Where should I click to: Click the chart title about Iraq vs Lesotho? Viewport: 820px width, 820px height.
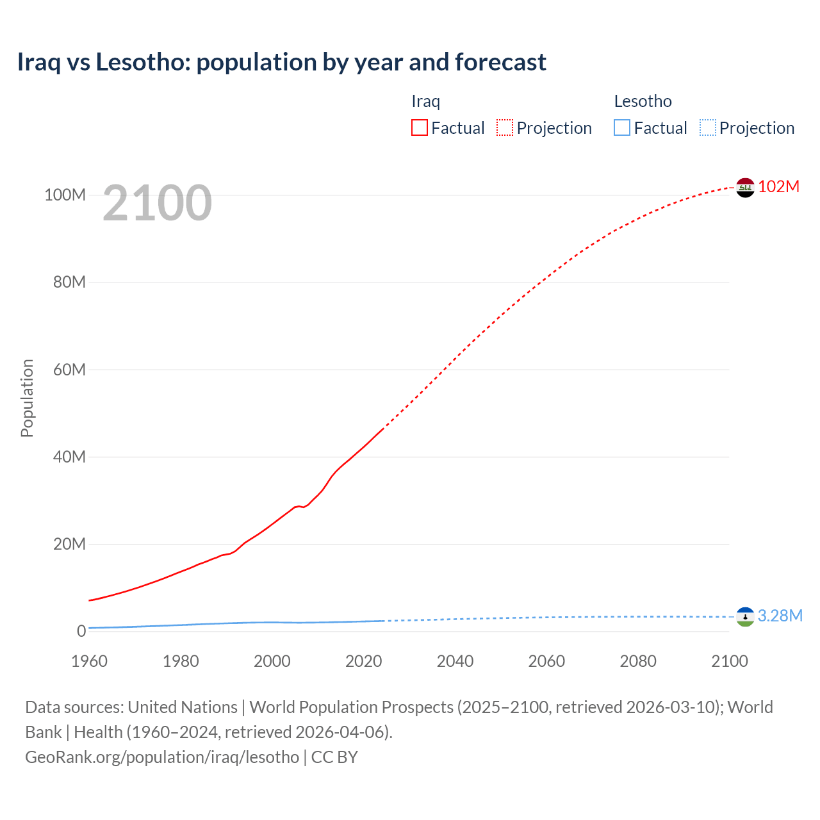[x=282, y=62]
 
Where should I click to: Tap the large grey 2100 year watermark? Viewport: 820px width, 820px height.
[x=157, y=203]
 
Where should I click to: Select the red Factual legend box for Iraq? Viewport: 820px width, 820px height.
[x=420, y=127]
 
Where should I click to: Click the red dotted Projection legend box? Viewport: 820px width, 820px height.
[x=505, y=127]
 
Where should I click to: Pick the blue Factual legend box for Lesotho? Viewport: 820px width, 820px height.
[x=622, y=127]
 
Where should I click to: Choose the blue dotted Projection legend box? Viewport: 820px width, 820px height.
[x=708, y=127]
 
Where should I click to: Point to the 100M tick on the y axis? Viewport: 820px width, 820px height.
[x=65, y=195]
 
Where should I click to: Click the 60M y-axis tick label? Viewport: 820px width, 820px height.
[x=69, y=370]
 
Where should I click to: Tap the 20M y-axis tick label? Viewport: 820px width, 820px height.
[x=69, y=545]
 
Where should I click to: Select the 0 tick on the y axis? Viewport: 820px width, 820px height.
[x=81, y=632]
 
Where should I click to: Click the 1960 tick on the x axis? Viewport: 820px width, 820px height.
[x=89, y=661]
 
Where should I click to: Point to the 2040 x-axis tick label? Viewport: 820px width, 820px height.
[x=455, y=661]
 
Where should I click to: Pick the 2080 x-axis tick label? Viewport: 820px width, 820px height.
[x=638, y=661]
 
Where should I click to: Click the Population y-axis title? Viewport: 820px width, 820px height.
[x=27, y=398]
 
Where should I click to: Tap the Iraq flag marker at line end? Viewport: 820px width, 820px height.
[x=745, y=188]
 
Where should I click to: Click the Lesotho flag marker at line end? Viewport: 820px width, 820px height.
[x=745, y=617]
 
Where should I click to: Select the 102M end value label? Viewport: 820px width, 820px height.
[x=779, y=186]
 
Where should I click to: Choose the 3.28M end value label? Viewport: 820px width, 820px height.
[x=780, y=616]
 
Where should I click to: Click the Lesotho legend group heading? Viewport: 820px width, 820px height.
[x=643, y=101]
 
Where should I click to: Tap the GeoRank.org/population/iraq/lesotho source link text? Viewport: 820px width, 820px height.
[x=162, y=757]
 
